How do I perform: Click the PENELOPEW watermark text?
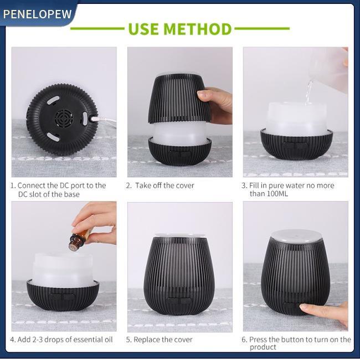click(x=38, y=14)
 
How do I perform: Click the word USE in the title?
click(x=144, y=29)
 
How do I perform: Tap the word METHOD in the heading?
click(x=198, y=29)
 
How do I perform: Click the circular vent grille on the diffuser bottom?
click(x=64, y=117)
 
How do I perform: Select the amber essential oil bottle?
click(x=79, y=240)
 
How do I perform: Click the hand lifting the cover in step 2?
click(x=215, y=105)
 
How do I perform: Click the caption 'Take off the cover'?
click(x=164, y=186)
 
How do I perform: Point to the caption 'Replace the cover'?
click(x=163, y=340)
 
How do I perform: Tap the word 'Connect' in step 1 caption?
click(x=32, y=186)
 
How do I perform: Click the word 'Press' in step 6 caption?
click(x=258, y=340)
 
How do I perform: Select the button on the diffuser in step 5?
click(x=179, y=301)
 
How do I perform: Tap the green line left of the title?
click(x=97, y=29)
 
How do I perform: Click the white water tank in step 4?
click(x=63, y=270)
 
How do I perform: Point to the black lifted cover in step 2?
click(x=179, y=98)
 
